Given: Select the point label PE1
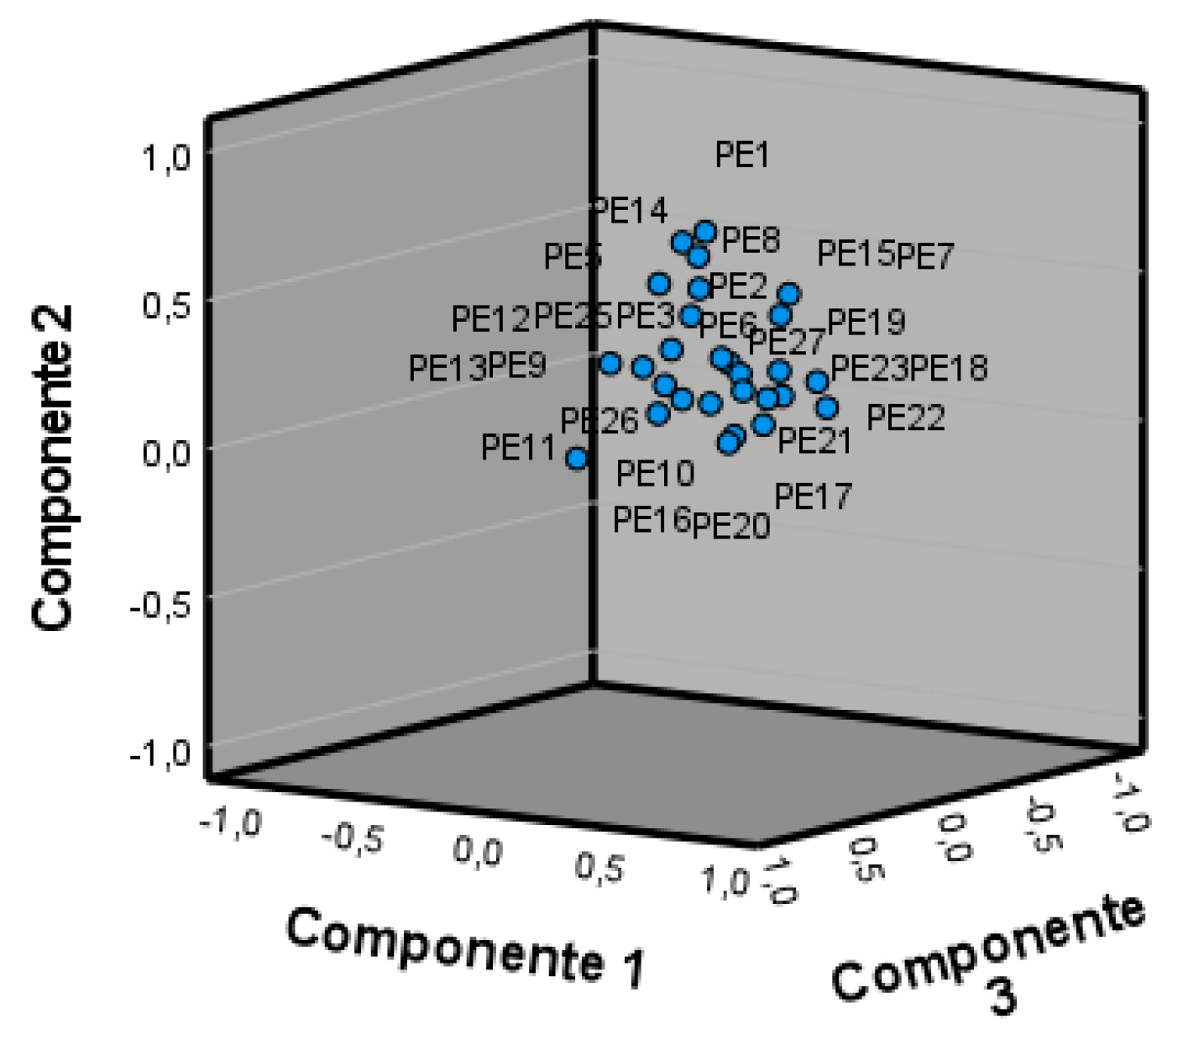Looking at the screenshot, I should (742, 155).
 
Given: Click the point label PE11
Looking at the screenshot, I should (518, 448).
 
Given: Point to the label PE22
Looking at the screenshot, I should (905, 418).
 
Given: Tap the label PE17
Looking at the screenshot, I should (813, 496).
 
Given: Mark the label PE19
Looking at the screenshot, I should (866, 322).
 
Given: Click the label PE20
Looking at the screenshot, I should (731, 526).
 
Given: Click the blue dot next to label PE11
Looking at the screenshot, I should (577, 459).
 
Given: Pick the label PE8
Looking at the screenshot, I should (751, 240).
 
